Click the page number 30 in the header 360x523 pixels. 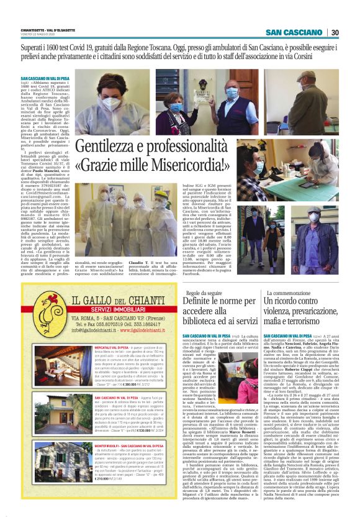pos(335,32)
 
